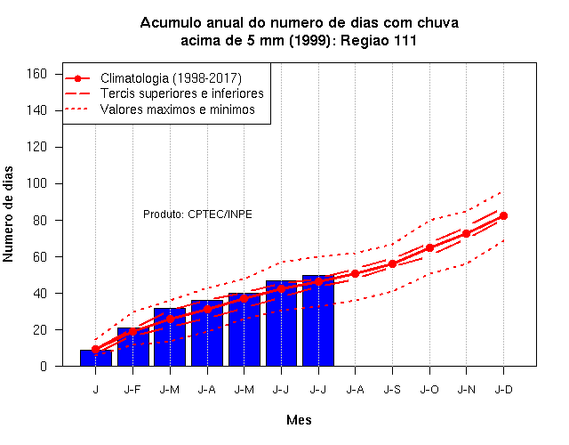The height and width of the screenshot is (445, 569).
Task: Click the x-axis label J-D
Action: pyautogui.click(x=504, y=390)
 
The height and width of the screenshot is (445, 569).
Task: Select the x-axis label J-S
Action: pyautogui.click(x=392, y=390)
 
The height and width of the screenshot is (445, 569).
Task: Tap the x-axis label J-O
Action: pyautogui.click(x=429, y=390)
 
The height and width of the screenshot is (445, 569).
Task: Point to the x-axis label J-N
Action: pyautogui.click(x=467, y=390)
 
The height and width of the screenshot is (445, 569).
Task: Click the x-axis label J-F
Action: pyautogui.click(x=132, y=390)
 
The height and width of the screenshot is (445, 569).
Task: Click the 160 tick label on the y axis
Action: pyautogui.click(x=36, y=74)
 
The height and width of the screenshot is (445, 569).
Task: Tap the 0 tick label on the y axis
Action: pyautogui.click(x=44, y=366)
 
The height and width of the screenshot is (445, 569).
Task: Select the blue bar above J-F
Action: pyautogui.click(x=133, y=347)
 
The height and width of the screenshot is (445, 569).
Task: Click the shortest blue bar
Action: pyautogui.click(x=96, y=358)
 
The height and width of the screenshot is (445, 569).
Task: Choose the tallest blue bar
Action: pyautogui.click(x=318, y=320)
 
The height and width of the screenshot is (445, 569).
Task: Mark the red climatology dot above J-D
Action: pyautogui.click(x=504, y=215)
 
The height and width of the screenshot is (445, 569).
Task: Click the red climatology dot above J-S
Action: pyautogui.click(x=392, y=263)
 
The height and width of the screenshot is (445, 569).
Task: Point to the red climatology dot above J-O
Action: pyautogui.click(x=429, y=247)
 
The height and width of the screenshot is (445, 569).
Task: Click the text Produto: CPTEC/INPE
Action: pyautogui.click(x=197, y=214)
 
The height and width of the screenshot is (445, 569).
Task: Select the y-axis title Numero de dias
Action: pyautogui.click(x=8, y=214)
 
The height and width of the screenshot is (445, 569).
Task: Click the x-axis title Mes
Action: pyautogui.click(x=299, y=420)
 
